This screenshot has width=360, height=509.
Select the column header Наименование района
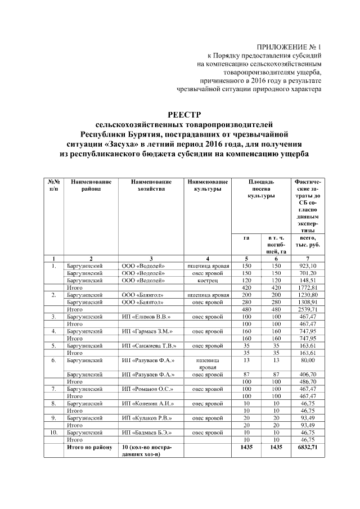[x=92, y=186]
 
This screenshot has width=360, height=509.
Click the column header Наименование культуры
[x=208, y=186]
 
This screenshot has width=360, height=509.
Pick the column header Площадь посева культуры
[x=261, y=190]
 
